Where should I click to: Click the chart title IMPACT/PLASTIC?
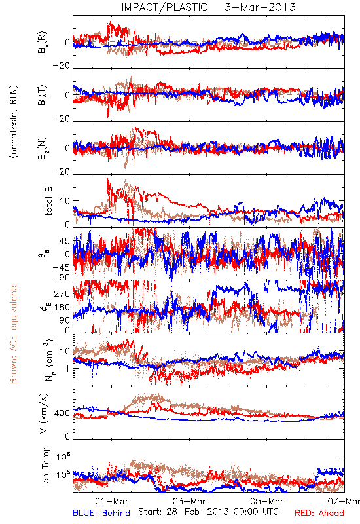click(164, 7)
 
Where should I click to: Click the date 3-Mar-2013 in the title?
click(260, 7)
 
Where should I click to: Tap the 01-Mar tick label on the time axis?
click(111, 501)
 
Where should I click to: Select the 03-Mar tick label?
click(189, 501)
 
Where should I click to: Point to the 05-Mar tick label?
click(267, 501)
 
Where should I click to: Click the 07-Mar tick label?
click(344, 501)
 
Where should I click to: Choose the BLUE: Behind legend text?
click(101, 513)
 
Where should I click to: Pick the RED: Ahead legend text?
click(319, 513)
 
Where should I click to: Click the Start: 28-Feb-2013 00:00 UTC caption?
click(208, 512)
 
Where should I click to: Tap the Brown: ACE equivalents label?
click(13, 333)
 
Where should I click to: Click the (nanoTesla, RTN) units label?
click(14, 122)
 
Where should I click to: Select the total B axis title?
click(48, 201)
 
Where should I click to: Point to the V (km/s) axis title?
click(44, 413)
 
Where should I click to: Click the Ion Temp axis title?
click(45, 466)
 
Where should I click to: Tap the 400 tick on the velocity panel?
click(62, 413)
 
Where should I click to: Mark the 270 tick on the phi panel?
click(62, 293)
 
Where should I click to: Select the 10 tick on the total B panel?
click(65, 201)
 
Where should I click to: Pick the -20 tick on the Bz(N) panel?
click(62, 172)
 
